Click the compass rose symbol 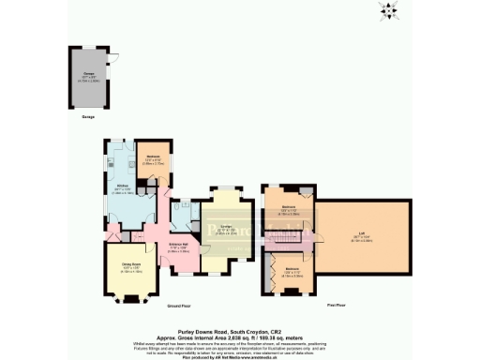[385, 11]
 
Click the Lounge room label [226, 230]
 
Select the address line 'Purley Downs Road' [239, 320]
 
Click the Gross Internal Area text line [239, 326]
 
